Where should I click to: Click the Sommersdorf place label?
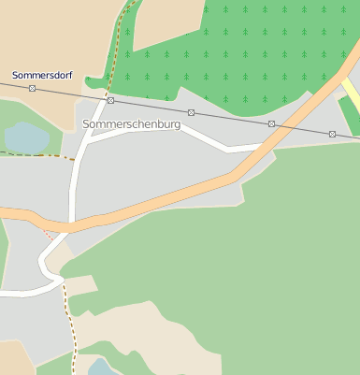point(42,74)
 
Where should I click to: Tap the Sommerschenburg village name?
point(131,123)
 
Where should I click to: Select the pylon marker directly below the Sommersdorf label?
point(32,88)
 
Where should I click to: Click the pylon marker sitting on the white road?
point(110,100)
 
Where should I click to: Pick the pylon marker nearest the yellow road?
point(332,134)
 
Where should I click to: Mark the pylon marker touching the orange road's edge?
point(271,124)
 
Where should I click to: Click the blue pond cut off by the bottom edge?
point(102,367)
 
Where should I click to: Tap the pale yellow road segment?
point(350,94)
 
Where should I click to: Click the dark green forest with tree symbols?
point(234,47)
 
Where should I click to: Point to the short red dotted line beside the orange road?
point(49,234)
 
